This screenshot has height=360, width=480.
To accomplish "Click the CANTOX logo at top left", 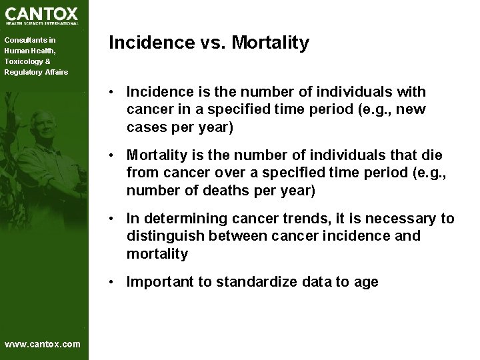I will [41, 15].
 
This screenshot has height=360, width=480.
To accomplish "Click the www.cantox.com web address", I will [42, 344].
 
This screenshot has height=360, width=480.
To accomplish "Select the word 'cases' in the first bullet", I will [145, 127].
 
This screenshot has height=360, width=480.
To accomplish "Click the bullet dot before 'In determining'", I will [115, 219].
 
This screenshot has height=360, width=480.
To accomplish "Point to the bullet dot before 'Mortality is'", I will [115, 155].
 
